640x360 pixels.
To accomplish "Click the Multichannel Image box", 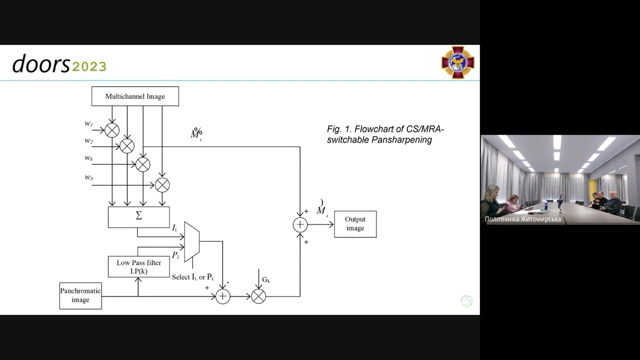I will point(135,96).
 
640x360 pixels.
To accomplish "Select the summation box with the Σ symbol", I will point(139,217).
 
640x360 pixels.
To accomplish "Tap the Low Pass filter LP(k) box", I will point(139,267).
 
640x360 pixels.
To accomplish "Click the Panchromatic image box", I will point(80,296).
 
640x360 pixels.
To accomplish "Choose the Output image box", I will point(355,224).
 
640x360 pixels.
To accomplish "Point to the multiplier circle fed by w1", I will point(112,130).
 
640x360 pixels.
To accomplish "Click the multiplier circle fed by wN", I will point(162,185).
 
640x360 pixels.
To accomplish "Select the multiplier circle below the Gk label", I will point(258,296).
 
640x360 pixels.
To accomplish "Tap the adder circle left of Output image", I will point(300,225).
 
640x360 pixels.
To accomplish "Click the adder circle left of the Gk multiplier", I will point(223,296).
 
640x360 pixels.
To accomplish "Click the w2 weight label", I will point(89,141).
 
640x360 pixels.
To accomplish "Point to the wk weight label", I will point(89,158).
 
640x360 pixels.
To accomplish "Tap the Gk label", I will point(266,280).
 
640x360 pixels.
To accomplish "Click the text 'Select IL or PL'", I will point(193,277).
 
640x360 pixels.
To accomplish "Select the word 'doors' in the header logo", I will point(41,64).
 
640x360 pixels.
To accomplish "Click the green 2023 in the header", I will point(89,67).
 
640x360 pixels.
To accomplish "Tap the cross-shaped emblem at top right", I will point(458,62).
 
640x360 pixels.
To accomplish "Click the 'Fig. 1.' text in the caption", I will point(339,129).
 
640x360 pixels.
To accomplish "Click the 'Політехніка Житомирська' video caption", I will point(523,219).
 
